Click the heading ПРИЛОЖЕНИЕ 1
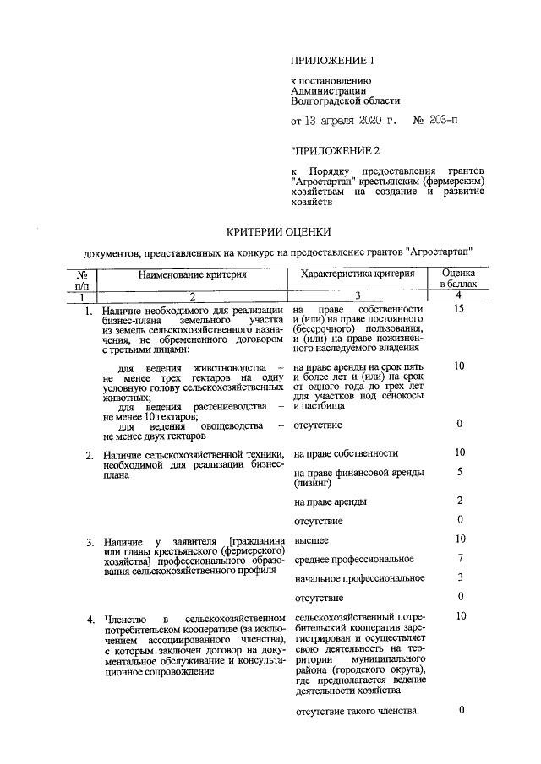[331, 60]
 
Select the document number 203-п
[437, 122]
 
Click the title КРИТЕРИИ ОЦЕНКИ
[277, 231]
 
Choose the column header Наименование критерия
[193, 274]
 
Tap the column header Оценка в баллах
[459, 279]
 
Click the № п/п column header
[83, 279]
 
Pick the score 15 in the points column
[459, 310]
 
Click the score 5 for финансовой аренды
[459, 472]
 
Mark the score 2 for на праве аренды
[459, 501]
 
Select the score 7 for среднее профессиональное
[459, 559]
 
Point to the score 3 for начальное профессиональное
[459, 577]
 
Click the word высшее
[312, 540]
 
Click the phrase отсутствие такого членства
[356, 711]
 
